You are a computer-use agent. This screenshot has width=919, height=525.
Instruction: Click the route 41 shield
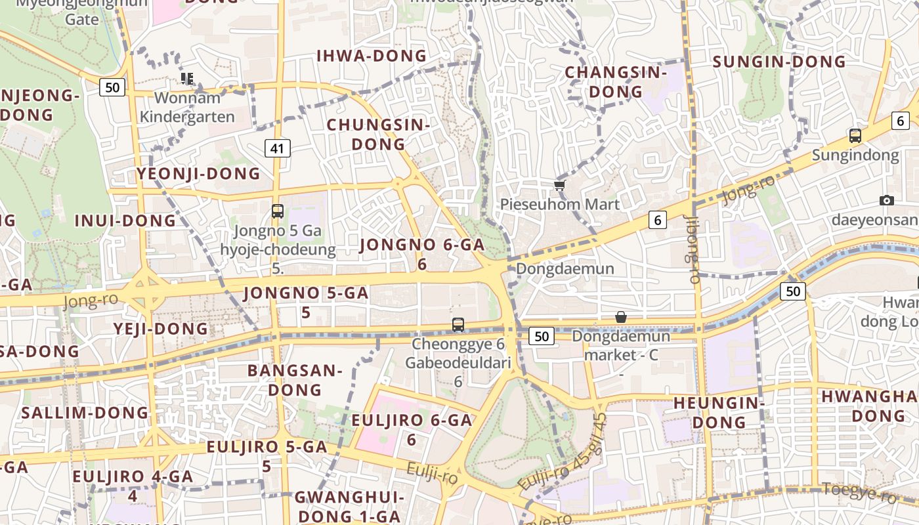(277, 148)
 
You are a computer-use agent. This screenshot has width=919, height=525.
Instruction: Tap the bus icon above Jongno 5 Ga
(278, 211)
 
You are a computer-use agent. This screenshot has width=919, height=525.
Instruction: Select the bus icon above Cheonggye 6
(458, 324)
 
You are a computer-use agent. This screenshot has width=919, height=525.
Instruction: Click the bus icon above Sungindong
(855, 136)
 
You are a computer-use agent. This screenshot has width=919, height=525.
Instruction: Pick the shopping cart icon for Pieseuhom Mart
(560, 186)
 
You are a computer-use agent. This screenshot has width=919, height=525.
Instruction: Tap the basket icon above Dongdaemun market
(621, 317)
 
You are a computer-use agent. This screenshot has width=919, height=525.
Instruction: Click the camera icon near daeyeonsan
(887, 200)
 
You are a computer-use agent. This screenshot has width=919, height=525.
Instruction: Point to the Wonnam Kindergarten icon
(187, 79)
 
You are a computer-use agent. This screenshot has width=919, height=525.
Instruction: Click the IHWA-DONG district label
(372, 56)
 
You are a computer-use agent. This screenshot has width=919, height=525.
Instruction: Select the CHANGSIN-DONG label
(616, 82)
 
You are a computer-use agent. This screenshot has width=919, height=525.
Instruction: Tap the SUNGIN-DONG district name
(779, 62)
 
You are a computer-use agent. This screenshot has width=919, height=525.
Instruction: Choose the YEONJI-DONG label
(198, 174)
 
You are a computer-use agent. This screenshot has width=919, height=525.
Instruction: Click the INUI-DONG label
(125, 220)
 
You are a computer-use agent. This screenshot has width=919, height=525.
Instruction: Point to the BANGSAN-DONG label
(295, 380)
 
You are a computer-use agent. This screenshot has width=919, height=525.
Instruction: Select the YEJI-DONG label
(160, 328)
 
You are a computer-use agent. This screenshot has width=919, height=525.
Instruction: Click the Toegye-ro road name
(859, 492)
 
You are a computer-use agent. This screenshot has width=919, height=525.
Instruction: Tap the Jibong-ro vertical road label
(693, 249)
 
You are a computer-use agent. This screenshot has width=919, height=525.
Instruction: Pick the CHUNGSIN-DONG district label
(378, 134)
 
